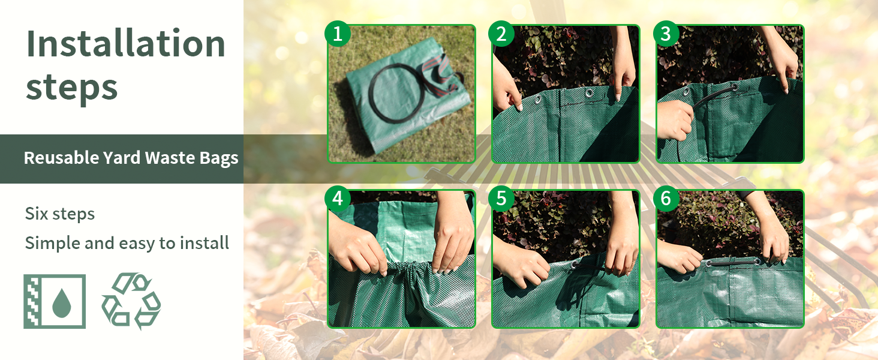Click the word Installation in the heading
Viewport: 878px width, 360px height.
pyautogui.click(x=125, y=44)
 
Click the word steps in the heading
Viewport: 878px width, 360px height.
pyautogui.click(x=72, y=88)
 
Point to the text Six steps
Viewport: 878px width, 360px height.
pyautogui.click(x=60, y=214)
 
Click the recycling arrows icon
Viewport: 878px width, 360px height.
pyautogui.click(x=131, y=301)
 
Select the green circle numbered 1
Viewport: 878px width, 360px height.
pyautogui.click(x=338, y=34)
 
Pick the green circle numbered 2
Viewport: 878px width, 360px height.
pyautogui.click(x=501, y=34)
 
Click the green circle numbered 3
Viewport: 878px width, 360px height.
pyautogui.click(x=666, y=34)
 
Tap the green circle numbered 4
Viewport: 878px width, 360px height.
pyautogui.click(x=338, y=199)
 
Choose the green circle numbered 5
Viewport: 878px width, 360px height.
pyautogui.click(x=501, y=199)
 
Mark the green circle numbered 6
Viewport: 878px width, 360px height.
pyautogui.click(x=666, y=199)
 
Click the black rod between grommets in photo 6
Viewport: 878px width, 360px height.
pyautogui.click(x=733, y=263)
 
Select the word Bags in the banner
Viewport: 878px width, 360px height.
pyautogui.click(x=219, y=158)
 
